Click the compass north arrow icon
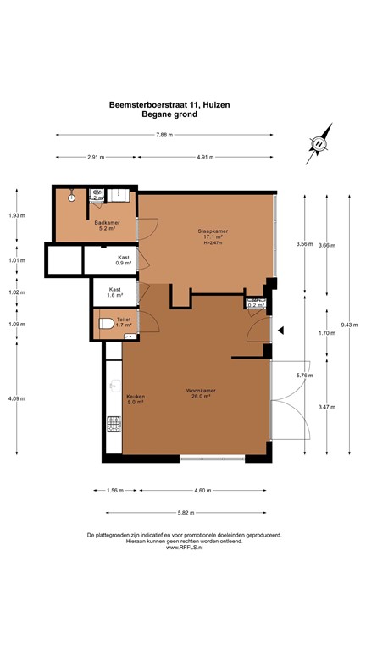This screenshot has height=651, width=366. pyautogui.click(x=317, y=145)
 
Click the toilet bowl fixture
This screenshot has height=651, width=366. pyautogui.click(x=104, y=323)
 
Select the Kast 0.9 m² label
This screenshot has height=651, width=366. pyautogui.click(x=124, y=259)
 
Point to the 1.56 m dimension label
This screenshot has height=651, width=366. pyautogui.click(x=115, y=490)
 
